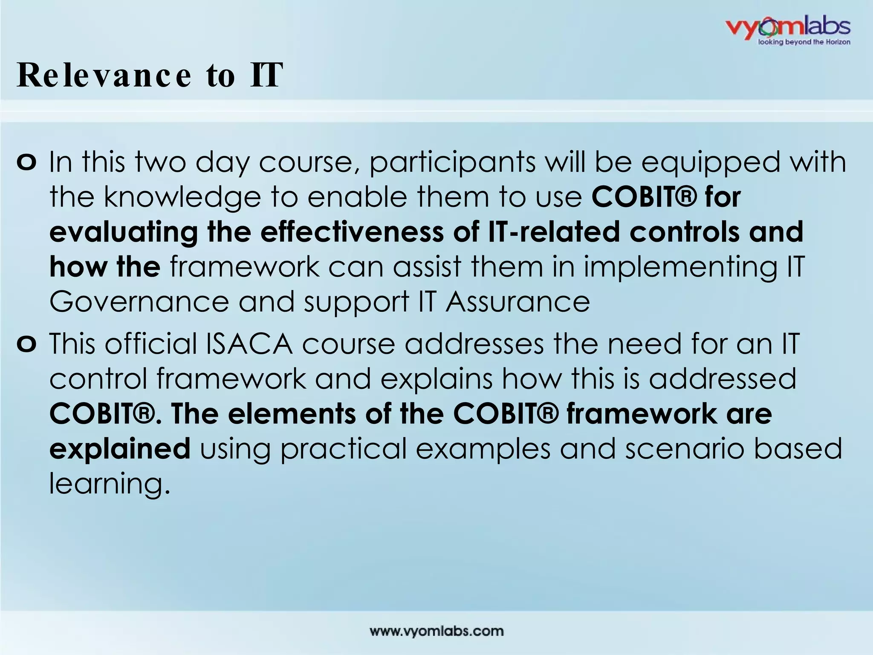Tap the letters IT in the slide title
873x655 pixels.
point(266,75)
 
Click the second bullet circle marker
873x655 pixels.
point(27,345)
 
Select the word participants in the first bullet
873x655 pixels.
point(452,163)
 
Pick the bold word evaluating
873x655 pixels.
point(124,233)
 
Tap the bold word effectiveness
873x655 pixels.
point(352,233)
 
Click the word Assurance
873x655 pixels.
point(517,302)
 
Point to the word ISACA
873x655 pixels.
point(249,345)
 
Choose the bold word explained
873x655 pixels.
point(120,449)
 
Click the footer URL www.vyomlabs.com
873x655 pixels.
point(436,631)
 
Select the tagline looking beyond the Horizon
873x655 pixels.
point(804,42)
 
